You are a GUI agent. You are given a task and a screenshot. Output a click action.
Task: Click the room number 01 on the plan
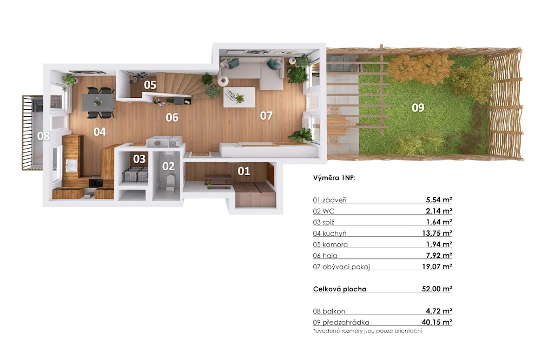click(243, 171)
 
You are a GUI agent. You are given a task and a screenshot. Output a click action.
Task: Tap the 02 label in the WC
click(168, 166)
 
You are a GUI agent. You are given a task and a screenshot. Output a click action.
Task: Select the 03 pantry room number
click(140, 159)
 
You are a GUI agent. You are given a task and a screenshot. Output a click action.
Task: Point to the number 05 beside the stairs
click(150, 85)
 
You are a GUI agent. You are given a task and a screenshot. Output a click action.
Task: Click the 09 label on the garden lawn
click(418, 108)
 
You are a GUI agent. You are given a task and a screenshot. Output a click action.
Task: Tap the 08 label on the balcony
click(43, 136)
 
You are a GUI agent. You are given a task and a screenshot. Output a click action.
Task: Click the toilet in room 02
click(170, 182)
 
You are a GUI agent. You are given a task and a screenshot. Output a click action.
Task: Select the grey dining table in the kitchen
click(97, 102)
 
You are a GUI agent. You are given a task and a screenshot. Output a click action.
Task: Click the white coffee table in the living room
click(240, 97)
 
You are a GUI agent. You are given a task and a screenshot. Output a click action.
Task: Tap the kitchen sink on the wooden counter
click(71, 165)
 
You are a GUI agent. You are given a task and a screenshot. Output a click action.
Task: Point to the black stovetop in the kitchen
click(96, 182)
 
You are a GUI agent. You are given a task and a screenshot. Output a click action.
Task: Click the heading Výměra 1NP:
click(334, 178)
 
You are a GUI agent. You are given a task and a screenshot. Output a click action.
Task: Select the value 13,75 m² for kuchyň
click(437, 233)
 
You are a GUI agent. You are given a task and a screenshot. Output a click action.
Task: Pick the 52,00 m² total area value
click(437, 289)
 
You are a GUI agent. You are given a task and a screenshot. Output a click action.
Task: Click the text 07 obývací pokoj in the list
click(341, 266)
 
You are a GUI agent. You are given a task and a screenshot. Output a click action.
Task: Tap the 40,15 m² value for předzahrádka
click(437, 322)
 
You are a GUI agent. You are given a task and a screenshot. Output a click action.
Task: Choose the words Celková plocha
click(340, 289)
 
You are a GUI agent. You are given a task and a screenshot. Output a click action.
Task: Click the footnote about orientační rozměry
click(367, 331)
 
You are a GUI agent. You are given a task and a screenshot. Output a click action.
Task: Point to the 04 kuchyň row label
click(329, 234)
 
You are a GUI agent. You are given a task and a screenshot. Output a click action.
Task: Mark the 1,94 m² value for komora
click(439, 244)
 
